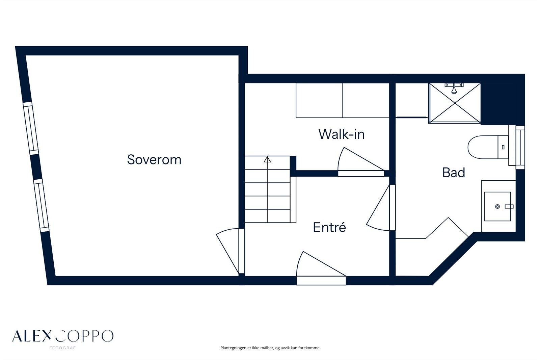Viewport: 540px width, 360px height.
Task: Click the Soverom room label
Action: point(154,159)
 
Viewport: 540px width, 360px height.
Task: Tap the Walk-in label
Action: point(341,134)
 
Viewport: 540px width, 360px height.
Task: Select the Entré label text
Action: point(329,227)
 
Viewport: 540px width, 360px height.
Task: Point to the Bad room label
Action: point(454,173)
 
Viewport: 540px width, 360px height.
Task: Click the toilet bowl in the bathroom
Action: point(483,147)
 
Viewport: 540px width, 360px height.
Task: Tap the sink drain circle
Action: point(497,207)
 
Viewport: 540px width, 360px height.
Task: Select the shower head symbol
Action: point(454,88)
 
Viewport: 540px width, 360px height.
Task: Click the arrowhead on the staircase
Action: point(267,159)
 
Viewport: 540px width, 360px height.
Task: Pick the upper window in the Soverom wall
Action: point(31,128)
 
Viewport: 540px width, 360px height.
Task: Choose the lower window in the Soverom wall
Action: point(41,205)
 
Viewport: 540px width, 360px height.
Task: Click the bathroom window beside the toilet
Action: point(520,148)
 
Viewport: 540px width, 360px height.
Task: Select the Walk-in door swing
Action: point(361,162)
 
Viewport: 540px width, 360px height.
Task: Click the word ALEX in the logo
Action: point(32,336)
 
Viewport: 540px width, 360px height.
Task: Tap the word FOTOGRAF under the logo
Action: point(62,348)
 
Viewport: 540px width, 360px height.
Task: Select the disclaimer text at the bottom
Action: point(270,348)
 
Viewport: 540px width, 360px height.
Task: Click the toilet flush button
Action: point(503,147)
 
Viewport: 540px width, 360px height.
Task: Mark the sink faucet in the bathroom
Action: point(509,206)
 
